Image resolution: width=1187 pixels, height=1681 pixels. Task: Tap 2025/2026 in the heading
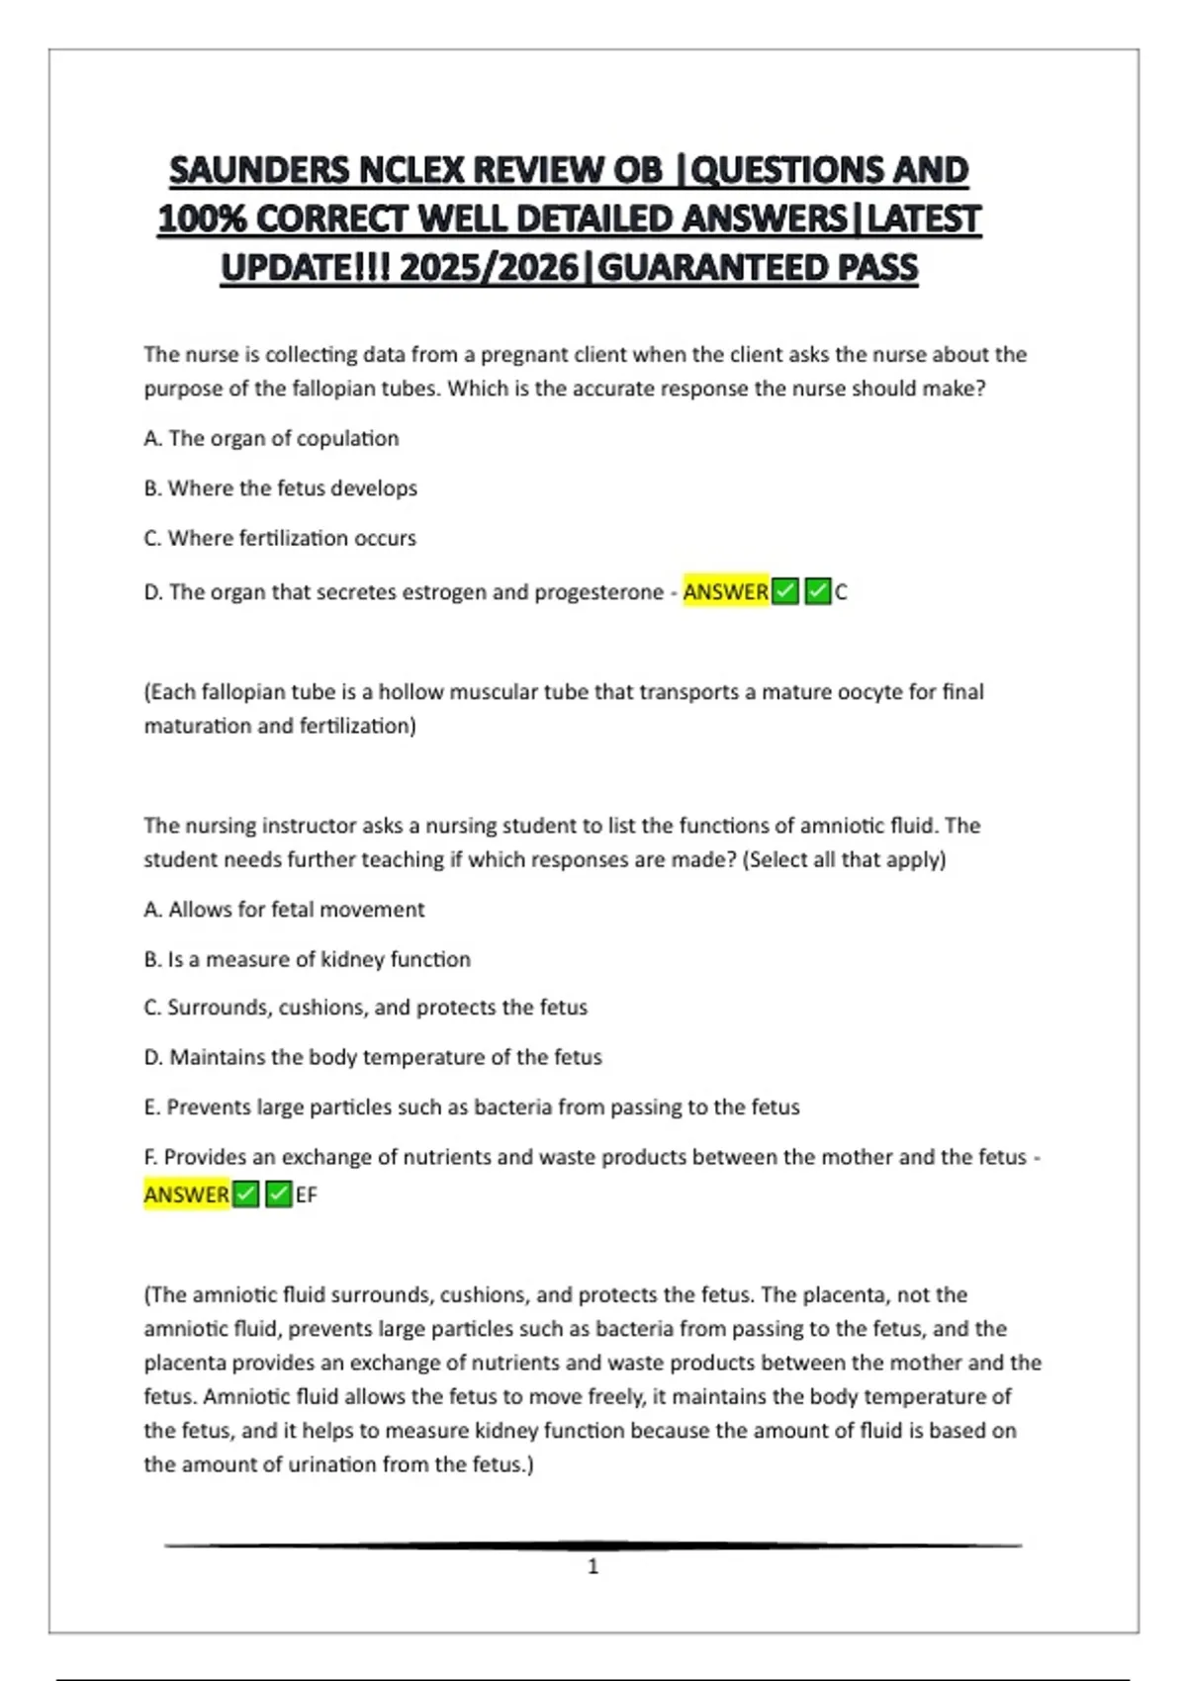(x=489, y=268)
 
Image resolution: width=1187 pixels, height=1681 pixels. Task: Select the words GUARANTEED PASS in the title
(x=759, y=268)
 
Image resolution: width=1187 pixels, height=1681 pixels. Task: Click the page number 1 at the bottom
(x=593, y=1566)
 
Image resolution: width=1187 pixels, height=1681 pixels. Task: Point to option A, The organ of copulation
(x=271, y=438)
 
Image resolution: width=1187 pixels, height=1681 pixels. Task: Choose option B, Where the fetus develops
(x=280, y=487)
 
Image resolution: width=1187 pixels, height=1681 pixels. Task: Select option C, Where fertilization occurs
(x=280, y=538)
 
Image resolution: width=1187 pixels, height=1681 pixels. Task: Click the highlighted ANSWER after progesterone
(x=725, y=591)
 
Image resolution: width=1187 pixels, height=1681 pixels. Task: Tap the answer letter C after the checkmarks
(x=841, y=592)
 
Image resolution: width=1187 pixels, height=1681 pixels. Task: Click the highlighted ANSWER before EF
(x=186, y=1194)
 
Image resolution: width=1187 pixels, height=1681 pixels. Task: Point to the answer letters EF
(x=307, y=1194)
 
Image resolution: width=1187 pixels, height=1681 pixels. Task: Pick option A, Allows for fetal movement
(x=284, y=909)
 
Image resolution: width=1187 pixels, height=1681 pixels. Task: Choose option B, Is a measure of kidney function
(x=307, y=958)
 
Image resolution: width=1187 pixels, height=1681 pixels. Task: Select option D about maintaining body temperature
(x=372, y=1057)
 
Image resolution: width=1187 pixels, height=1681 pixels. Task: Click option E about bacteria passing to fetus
(x=471, y=1106)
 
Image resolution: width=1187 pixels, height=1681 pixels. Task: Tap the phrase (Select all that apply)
(x=846, y=859)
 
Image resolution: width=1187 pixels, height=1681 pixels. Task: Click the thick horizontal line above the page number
(x=593, y=1545)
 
